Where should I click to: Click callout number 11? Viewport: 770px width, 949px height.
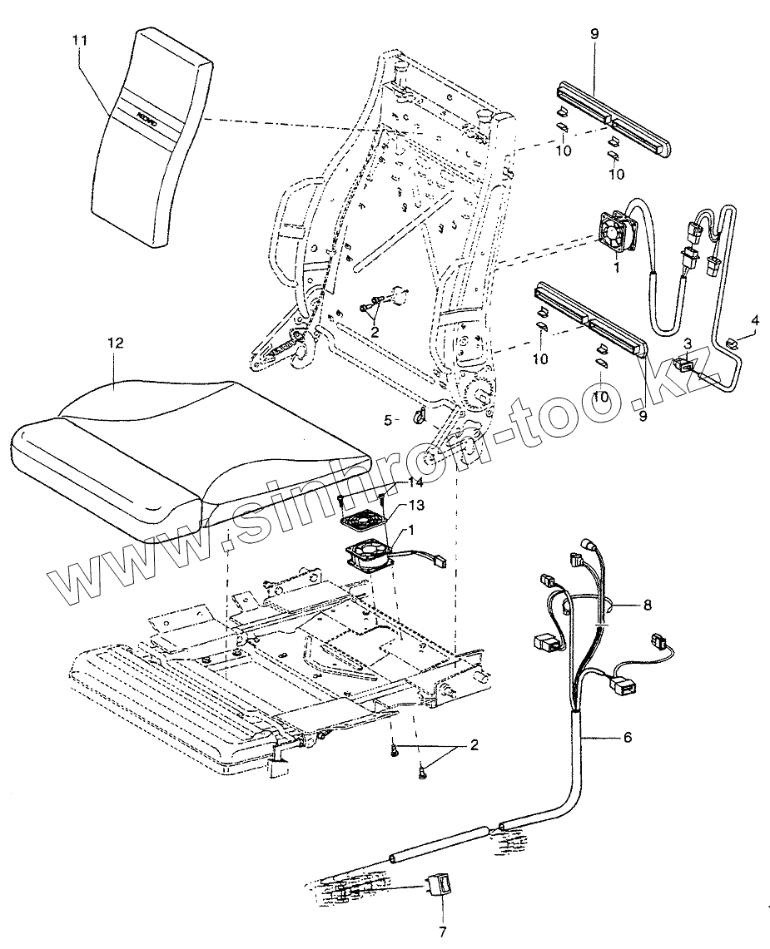80,39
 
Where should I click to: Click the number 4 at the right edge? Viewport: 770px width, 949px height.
755,319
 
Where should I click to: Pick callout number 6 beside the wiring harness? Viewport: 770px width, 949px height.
627,737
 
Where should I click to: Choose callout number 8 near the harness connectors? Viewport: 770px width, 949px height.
647,605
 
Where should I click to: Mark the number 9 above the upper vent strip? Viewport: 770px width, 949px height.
594,34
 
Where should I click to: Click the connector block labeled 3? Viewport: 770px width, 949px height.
685,363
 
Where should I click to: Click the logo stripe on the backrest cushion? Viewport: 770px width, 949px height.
146,116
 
